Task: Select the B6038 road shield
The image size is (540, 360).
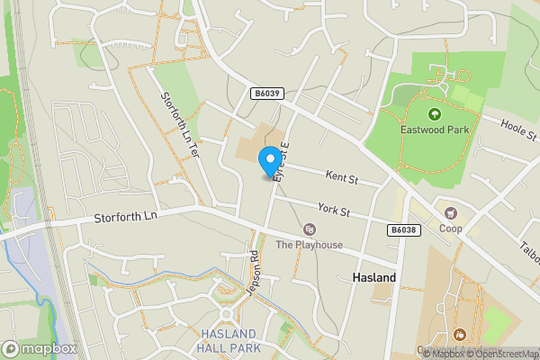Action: click(403, 231)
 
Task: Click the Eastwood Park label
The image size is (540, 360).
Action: click(435, 130)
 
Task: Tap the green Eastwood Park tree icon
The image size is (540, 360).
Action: click(435, 114)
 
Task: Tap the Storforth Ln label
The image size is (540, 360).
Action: click(125, 217)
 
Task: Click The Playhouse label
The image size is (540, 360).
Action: click(309, 245)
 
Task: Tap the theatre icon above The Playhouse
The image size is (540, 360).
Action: click(309, 230)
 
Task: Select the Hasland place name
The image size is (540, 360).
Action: click(371, 279)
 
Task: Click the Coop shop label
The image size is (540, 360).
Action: click(451, 229)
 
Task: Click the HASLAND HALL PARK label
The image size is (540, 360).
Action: click(229, 340)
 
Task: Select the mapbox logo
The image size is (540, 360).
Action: click(39, 348)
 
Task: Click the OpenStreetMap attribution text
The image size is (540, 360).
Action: click(504, 354)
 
